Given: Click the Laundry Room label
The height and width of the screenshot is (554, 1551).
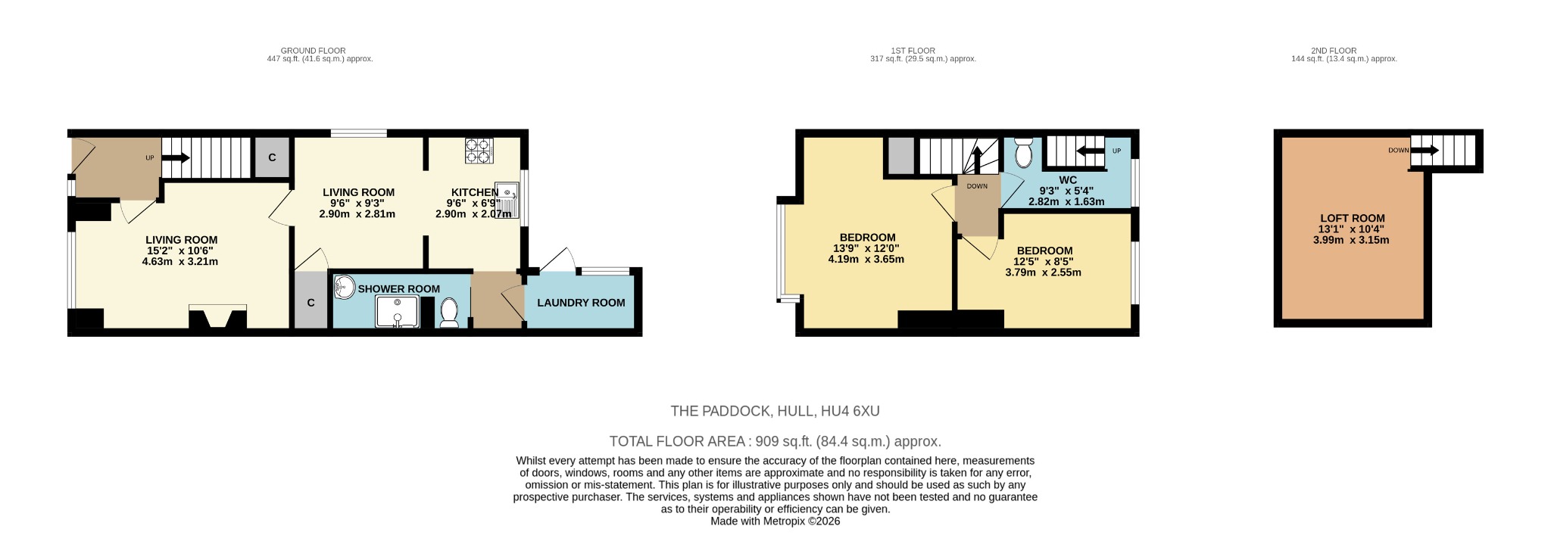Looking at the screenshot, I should (581, 303).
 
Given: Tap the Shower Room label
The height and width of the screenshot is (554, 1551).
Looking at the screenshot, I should (398, 289).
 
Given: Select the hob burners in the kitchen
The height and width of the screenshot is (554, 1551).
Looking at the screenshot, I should (479, 151).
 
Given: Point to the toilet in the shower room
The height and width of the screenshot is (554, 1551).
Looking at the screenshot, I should (449, 313).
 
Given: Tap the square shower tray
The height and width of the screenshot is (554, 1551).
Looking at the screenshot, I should (397, 312).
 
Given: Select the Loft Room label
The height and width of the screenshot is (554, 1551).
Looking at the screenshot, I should (1352, 218).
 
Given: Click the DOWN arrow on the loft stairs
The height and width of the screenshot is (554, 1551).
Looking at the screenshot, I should (1424, 151).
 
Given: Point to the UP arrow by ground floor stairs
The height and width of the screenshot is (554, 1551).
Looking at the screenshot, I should (175, 158).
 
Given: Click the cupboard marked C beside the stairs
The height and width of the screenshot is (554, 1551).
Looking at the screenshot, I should (272, 157).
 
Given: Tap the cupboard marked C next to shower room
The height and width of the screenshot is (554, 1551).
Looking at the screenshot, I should (311, 303).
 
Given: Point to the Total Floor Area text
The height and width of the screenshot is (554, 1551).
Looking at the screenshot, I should (775, 441).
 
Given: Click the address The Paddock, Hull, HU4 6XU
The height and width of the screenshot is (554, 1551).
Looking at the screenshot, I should (775, 411).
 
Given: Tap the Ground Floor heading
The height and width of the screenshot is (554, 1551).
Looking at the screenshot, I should (313, 51).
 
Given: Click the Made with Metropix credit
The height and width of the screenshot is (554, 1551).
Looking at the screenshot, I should (775, 521).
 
